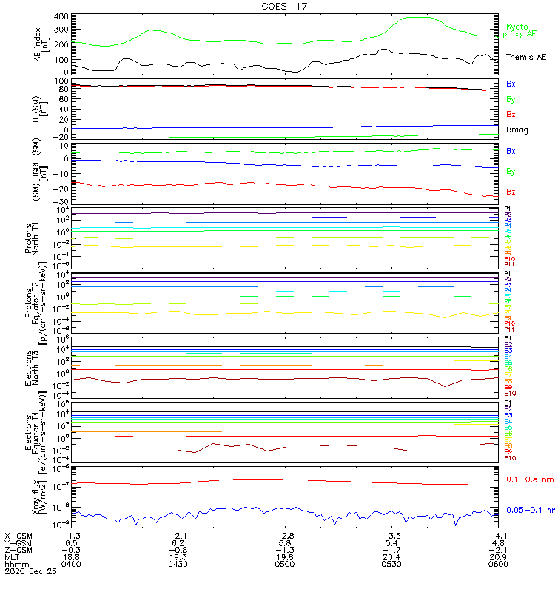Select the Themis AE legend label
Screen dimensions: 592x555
click(x=525, y=57)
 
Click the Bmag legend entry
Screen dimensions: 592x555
click(x=517, y=130)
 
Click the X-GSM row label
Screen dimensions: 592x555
click(x=18, y=535)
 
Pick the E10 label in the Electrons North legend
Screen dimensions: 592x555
click(x=510, y=393)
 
